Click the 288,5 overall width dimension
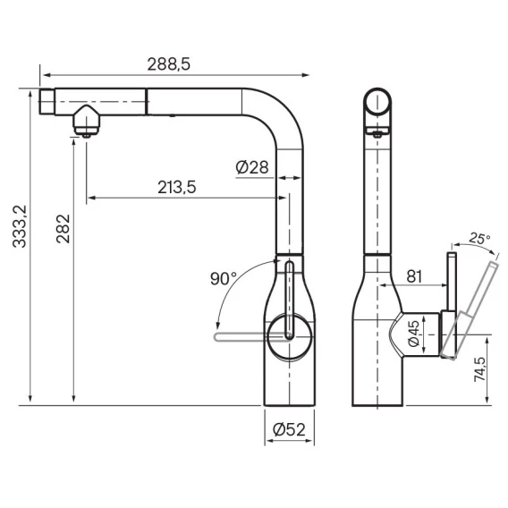click(169, 64)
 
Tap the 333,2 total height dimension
click(20, 226)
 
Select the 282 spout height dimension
click(63, 229)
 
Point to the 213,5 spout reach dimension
click(177, 187)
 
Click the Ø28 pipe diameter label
click(252, 167)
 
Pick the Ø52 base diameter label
click(289, 429)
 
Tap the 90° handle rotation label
click(224, 278)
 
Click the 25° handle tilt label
click(479, 239)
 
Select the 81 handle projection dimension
click(414, 276)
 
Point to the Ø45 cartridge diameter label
click(413, 334)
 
